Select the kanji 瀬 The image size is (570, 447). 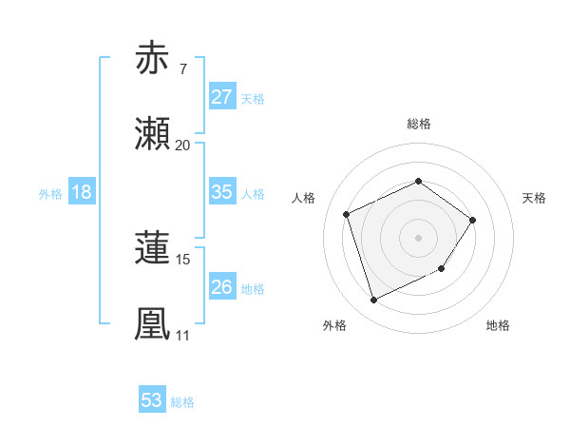[154, 134]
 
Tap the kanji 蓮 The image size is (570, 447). [154, 248]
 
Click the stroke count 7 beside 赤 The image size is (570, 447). [182, 69]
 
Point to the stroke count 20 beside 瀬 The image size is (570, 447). [182, 146]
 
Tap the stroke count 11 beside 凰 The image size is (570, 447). [182, 336]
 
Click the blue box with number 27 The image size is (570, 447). [221, 97]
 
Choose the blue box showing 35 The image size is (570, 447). [221, 192]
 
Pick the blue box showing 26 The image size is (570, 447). [221, 287]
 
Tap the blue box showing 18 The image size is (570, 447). [82, 192]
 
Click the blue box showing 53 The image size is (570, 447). [152, 400]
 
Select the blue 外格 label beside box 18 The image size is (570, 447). [50, 193]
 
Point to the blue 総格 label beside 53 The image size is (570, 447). [182, 402]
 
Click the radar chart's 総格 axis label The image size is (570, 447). [419, 124]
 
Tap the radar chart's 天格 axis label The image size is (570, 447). [534, 198]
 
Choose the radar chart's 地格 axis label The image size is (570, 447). [498, 325]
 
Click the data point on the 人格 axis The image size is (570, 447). [347, 214]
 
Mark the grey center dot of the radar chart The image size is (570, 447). [418, 237]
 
